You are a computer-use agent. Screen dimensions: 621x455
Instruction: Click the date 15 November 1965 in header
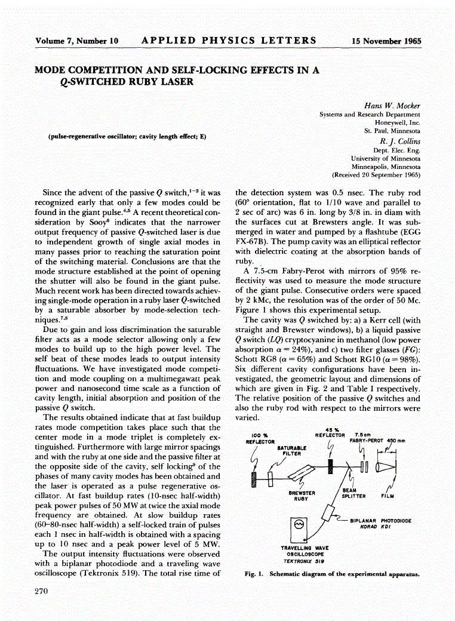pos(386,41)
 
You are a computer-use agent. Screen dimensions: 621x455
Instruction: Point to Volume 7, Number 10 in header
pos(76,41)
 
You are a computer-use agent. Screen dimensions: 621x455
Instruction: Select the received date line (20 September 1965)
pos(376,176)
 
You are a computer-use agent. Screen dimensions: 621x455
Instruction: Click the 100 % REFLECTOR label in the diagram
pos(260,439)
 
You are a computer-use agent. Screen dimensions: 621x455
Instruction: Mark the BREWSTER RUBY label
pos(298,496)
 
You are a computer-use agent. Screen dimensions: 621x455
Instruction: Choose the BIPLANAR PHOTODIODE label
pos(380,520)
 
